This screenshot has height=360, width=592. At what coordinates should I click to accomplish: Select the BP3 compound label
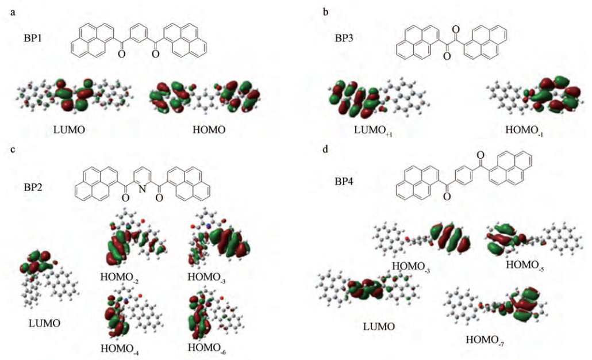point(347,39)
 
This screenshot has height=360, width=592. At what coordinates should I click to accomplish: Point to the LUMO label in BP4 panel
point(379,327)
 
